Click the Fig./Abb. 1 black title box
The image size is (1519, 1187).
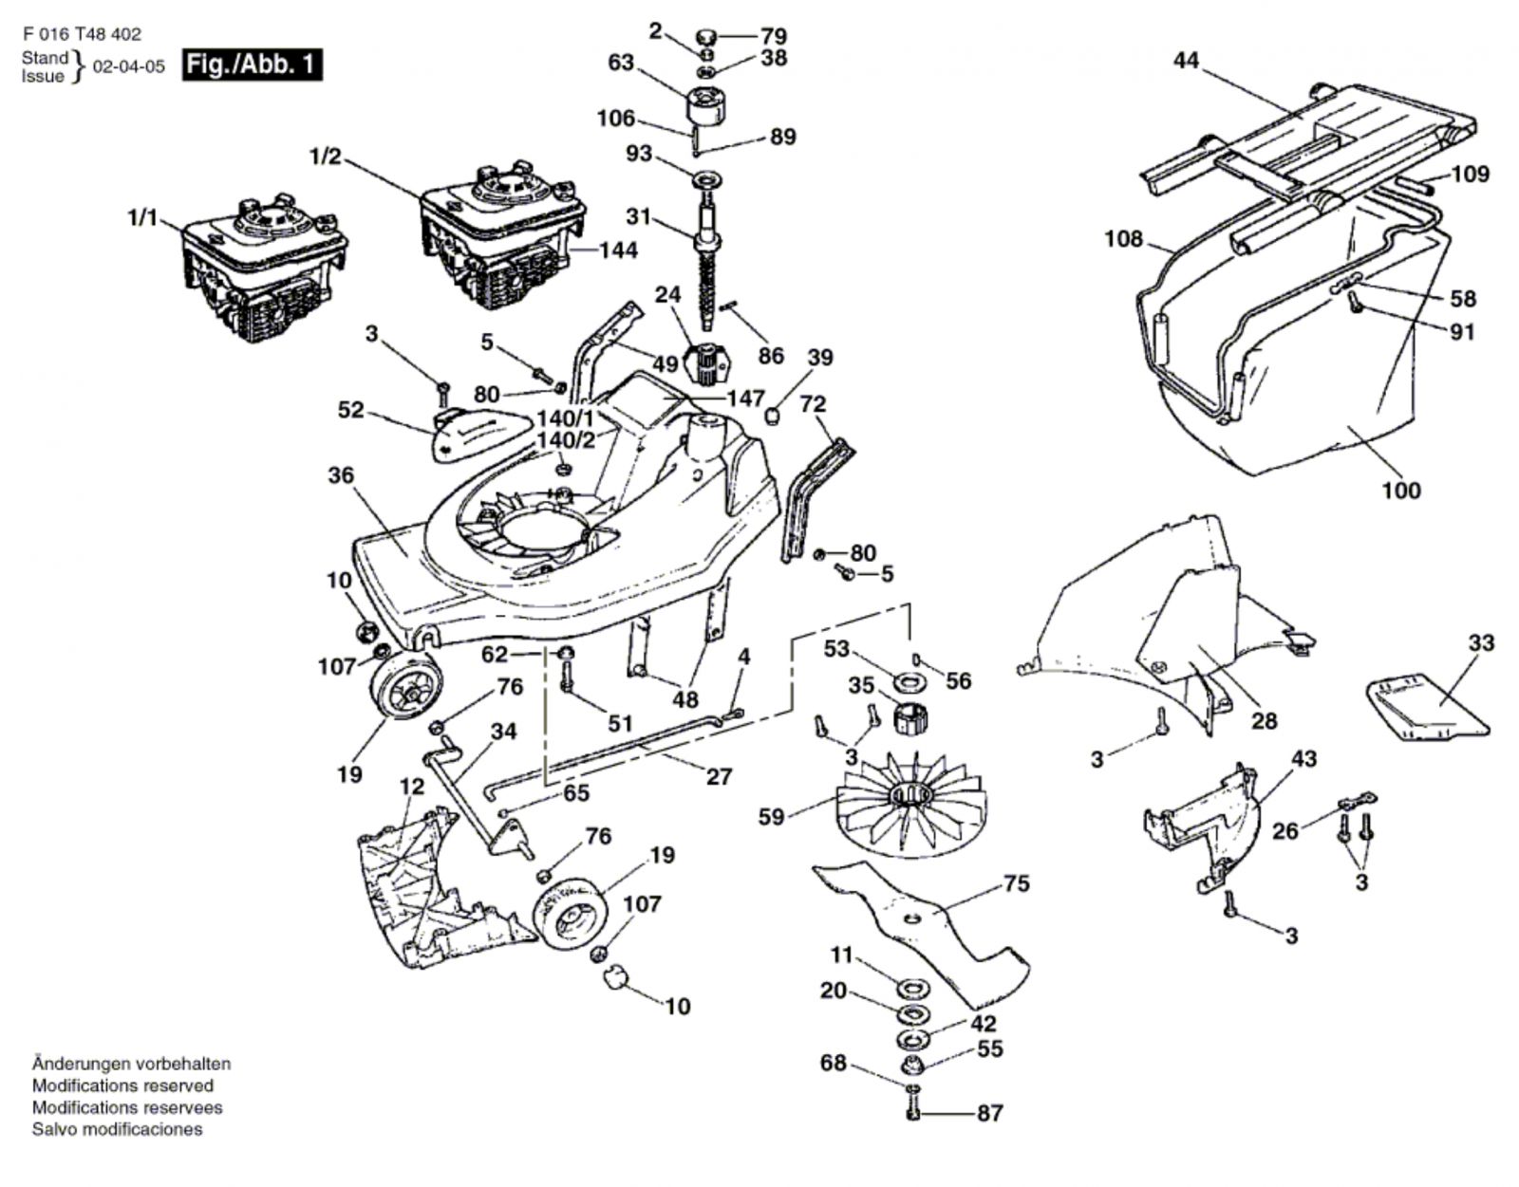(x=252, y=65)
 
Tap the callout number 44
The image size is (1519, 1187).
(x=1186, y=61)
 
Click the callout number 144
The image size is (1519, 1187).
(x=617, y=250)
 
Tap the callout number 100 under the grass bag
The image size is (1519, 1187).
(x=1400, y=491)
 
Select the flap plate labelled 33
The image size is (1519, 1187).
(x=1424, y=707)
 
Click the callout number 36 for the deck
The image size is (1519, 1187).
(x=341, y=474)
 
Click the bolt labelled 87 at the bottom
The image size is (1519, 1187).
(x=912, y=1111)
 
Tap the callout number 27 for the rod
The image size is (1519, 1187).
(x=719, y=776)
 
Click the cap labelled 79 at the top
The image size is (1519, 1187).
(x=707, y=37)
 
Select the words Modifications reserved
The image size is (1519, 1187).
(x=122, y=1085)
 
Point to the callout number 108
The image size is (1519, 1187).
(x=1123, y=238)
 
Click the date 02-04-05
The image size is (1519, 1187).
(x=128, y=67)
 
